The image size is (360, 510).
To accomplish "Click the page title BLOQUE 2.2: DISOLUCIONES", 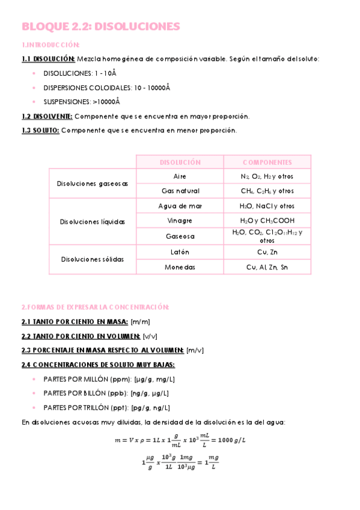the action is pos(100,26).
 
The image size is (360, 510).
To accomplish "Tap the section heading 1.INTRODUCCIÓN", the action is pos(50,45).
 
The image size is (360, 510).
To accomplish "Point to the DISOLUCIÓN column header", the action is pos(180,162).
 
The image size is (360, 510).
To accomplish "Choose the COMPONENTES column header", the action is pos(267,162).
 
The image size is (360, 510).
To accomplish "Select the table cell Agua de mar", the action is pos(180,206).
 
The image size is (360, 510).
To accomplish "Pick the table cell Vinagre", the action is pos(180,221).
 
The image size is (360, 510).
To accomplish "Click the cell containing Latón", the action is pos(180,251).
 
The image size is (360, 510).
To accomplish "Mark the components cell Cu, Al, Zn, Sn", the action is pos(267,267).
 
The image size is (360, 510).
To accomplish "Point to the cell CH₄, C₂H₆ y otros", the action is pos(267,191).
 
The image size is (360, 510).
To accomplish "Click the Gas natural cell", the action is pos(180,191).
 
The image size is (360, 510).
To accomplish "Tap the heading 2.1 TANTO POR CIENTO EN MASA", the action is pos(75,322).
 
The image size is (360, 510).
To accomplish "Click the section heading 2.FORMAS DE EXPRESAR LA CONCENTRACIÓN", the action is pos(95,307).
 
